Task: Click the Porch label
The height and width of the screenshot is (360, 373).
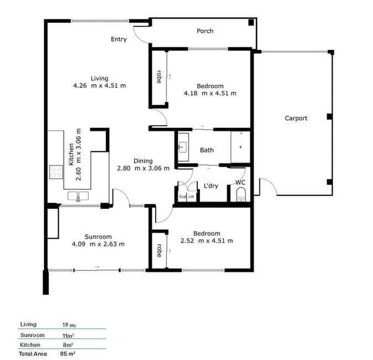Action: coord(205,31)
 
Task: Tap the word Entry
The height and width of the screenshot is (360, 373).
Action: coord(119,39)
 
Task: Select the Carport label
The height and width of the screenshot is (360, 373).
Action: coord(296,118)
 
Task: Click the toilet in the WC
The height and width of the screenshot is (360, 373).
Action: coord(241,194)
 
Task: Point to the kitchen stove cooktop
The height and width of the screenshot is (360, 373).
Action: coord(56,172)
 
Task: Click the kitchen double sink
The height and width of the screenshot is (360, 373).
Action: coord(78,196)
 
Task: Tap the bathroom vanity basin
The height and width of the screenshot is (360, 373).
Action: coord(183,147)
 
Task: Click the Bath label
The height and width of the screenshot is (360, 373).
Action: coord(207,150)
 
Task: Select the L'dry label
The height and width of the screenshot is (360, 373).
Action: coord(211,186)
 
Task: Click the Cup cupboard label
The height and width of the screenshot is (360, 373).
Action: coord(182,197)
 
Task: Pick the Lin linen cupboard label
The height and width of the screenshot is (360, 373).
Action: coord(191,197)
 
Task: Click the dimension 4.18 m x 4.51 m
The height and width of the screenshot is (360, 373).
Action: coord(210,93)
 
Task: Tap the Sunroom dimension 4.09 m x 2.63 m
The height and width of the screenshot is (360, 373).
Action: coord(98,244)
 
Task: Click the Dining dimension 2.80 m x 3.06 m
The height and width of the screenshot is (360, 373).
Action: coord(143,168)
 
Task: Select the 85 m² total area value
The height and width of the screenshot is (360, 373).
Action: coord(68,354)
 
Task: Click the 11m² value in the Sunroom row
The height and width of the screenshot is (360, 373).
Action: coord(68,336)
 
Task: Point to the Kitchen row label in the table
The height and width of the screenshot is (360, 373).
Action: coord(30,345)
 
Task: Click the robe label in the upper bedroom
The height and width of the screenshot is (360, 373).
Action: coord(159,77)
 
